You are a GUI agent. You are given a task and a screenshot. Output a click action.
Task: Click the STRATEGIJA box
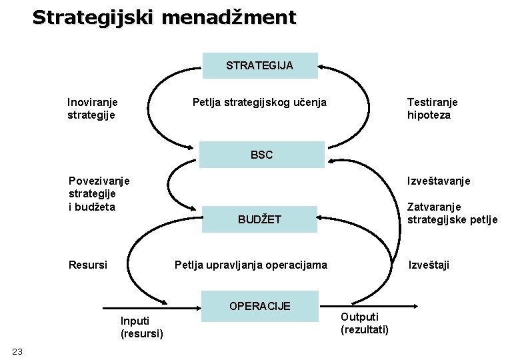260,65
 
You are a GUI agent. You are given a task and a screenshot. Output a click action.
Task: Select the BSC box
262,155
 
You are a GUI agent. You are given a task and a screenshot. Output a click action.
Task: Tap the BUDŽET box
260,219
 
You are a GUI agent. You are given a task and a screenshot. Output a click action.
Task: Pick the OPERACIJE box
260,307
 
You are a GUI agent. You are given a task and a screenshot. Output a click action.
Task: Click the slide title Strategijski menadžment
163,17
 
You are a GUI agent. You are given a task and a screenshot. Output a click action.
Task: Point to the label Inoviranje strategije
93,109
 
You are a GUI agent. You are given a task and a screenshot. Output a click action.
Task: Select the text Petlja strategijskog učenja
259,103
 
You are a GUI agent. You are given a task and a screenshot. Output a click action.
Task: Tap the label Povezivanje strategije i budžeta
99,193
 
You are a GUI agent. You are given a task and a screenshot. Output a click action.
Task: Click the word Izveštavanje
439,181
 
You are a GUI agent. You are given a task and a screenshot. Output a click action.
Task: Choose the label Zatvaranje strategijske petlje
452,213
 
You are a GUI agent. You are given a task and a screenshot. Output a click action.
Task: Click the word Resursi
88,265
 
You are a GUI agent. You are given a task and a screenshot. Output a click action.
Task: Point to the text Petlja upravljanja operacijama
251,265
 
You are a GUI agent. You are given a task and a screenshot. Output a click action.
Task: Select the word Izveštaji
429,265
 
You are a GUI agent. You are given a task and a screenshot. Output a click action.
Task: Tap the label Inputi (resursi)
141,327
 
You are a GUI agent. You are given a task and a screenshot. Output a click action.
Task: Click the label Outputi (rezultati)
364,323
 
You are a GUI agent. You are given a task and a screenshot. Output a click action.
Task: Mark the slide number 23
17,351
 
